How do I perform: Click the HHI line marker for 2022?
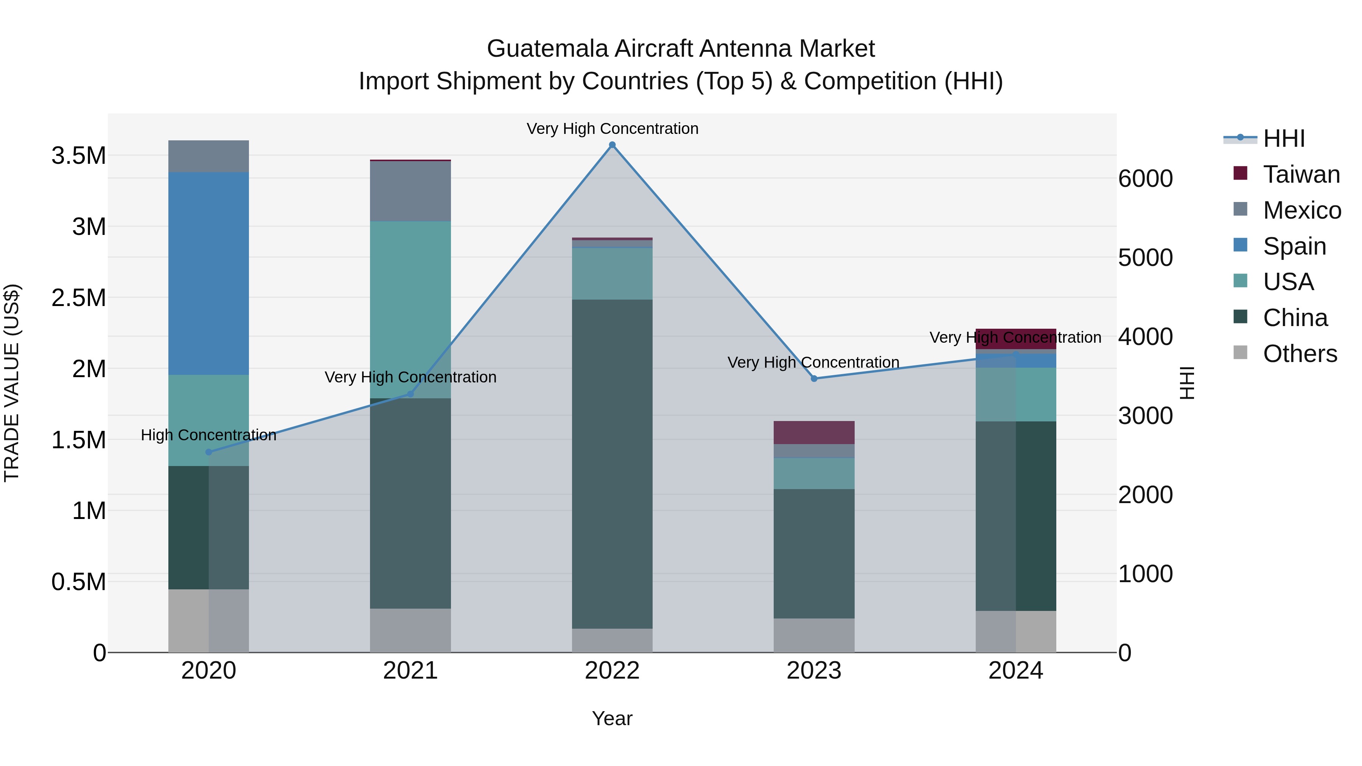[x=612, y=145]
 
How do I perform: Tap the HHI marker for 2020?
[x=208, y=452]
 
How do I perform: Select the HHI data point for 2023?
[x=814, y=379]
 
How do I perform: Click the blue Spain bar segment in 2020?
[x=208, y=273]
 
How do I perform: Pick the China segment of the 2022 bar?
[x=612, y=464]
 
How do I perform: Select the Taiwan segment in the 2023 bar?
[x=814, y=432]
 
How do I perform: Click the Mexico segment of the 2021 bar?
[x=410, y=191]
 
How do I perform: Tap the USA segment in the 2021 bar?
[x=410, y=309]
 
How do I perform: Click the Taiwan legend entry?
[x=1301, y=174]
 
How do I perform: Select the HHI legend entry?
[x=1284, y=138]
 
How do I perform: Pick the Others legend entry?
[x=1300, y=354]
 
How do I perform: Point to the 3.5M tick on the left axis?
[x=78, y=156]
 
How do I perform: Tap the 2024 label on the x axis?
[x=1016, y=671]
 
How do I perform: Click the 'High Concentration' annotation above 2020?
[x=208, y=435]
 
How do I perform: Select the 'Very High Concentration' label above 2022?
[x=612, y=129]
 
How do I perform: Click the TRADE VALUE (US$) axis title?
[x=12, y=383]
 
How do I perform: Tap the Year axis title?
[x=612, y=718]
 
